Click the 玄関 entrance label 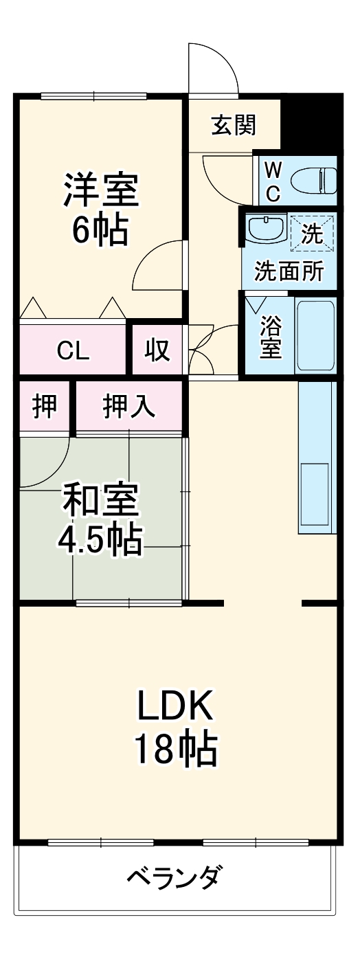(x=234, y=125)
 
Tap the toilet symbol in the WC (x=313, y=181)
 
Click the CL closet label (x=73, y=351)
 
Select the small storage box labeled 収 (x=157, y=351)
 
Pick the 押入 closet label (x=128, y=407)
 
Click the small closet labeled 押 (x=45, y=407)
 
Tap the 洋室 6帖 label (x=100, y=209)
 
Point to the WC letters (x=273, y=181)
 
